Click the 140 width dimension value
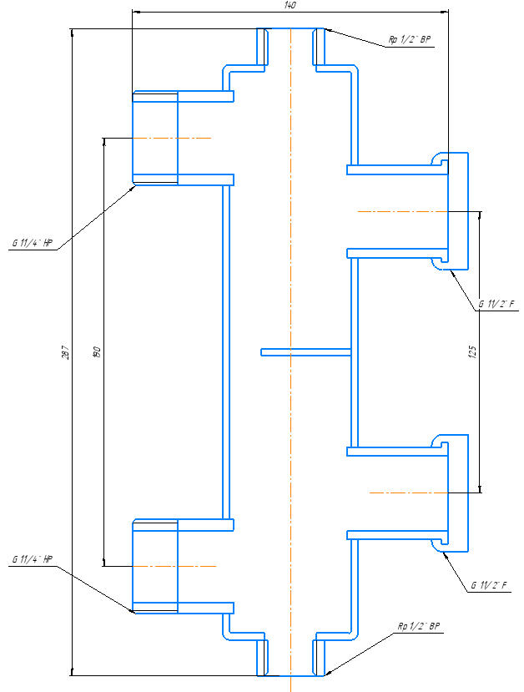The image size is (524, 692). coord(290,5)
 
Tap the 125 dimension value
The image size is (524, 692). coord(473,352)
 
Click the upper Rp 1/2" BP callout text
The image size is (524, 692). coord(409,40)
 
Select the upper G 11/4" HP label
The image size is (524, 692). coord(32,242)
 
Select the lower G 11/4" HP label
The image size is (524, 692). coord(32,558)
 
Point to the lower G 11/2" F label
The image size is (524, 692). coord(488,584)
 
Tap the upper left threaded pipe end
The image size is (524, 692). coord(155,138)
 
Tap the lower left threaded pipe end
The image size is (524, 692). coord(155,566)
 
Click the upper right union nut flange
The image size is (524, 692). coord(458,211)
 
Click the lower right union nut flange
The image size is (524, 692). coord(458,493)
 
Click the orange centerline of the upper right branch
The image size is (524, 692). coord(401,212)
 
